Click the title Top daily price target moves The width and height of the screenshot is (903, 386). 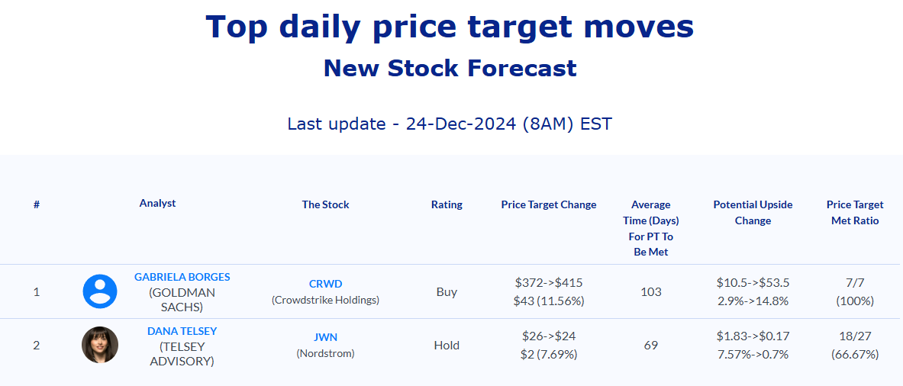tap(450, 27)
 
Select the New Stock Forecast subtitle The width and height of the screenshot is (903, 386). tap(450, 69)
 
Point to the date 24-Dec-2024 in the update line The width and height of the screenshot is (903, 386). tap(461, 124)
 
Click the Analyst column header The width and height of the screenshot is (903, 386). tap(157, 203)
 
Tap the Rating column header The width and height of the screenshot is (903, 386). tap(447, 204)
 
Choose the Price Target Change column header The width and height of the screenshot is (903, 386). tap(549, 204)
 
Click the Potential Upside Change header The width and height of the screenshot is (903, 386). tap(753, 213)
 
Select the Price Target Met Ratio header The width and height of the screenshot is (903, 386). tap(855, 213)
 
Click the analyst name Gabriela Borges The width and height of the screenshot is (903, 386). tap(182, 277)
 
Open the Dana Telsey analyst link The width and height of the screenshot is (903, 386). tap(182, 331)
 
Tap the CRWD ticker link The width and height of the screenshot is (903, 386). tap(325, 285)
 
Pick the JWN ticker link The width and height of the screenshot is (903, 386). tap(325, 338)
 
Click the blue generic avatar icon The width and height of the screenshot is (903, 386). tap(100, 291)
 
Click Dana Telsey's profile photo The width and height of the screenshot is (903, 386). tap(100, 345)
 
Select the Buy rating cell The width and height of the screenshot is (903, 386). tap(447, 291)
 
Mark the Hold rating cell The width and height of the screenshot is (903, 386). tap(447, 345)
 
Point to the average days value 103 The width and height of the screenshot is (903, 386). tap(651, 291)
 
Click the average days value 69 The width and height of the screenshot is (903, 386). tap(651, 345)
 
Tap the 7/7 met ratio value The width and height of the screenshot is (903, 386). tap(855, 282)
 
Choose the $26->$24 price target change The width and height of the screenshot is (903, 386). tap(549, 336)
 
